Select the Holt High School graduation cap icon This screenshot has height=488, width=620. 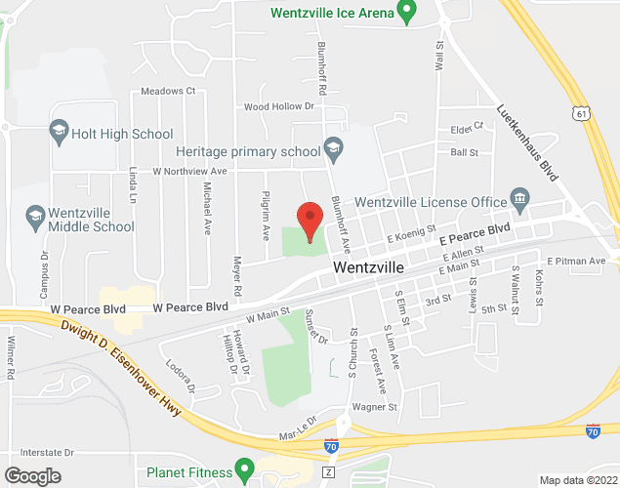click(58, 132)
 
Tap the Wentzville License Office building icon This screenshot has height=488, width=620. click(519, 201)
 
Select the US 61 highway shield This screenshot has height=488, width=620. click(582, 114)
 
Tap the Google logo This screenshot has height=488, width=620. click(31, 475)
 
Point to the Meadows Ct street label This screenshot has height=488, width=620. click(168, 92)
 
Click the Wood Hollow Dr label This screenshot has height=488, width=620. click(278, 106)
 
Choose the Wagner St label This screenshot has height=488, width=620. click(376, 407)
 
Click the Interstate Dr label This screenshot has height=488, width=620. click(40, 453)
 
